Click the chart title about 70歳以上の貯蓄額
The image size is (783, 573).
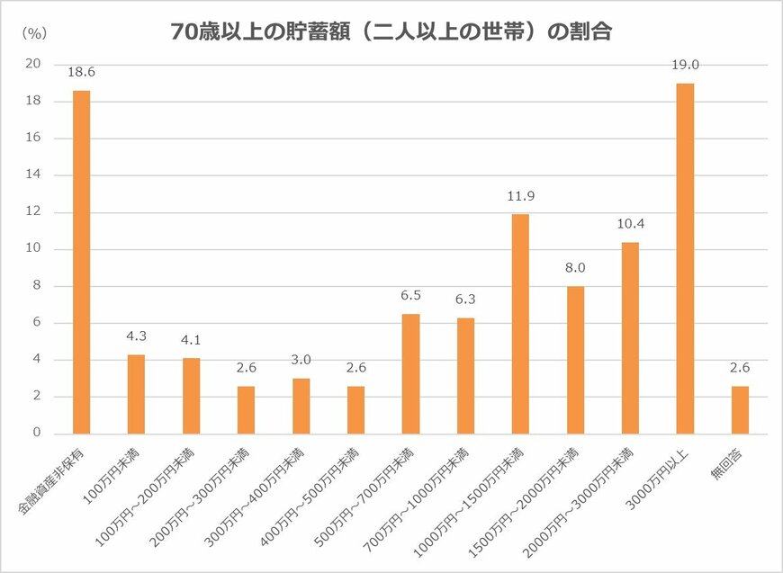(391, 33)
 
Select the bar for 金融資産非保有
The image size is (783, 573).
(81, 262)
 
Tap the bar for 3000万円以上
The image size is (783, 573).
(685, 258)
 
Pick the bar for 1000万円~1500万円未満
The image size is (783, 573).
(520, 324)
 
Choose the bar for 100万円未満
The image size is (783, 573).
(136, 394)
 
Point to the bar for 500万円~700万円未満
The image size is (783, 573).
(410, 373)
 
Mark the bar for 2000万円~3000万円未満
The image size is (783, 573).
(630, 337)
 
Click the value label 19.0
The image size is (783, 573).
(685, 65)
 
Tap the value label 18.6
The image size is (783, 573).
(81, 72)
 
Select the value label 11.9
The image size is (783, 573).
(520, 195)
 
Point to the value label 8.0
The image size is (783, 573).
(575, 267)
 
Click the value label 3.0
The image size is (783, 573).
(301, 360)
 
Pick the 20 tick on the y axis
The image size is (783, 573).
(34, 64)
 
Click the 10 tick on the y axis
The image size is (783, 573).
(34, 249)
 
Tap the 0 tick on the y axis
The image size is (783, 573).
(37, 434)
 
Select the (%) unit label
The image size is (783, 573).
(32, 32)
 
